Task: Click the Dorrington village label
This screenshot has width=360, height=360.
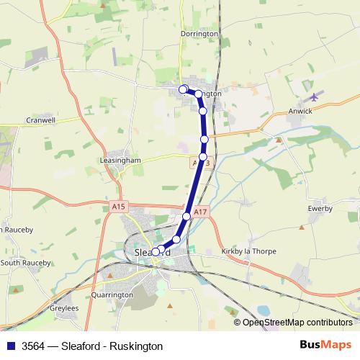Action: click(x=200, y=34)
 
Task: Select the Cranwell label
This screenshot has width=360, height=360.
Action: click(x=40, y=120)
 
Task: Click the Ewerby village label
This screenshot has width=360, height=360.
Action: click(x=319, y=209)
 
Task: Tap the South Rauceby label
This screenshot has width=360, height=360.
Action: click(x=26, y=262)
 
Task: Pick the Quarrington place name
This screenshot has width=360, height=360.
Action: click(x=112, y=294)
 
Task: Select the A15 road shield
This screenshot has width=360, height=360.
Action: click(x=120, y=207)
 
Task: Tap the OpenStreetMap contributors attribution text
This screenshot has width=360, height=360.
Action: click(x=297, y=323)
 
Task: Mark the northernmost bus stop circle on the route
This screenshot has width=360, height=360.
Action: click(x=183, y=89)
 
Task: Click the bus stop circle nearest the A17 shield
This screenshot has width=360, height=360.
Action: click(x=186, y=216)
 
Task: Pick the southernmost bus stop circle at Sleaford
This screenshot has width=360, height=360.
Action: click(x=155, y=252)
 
